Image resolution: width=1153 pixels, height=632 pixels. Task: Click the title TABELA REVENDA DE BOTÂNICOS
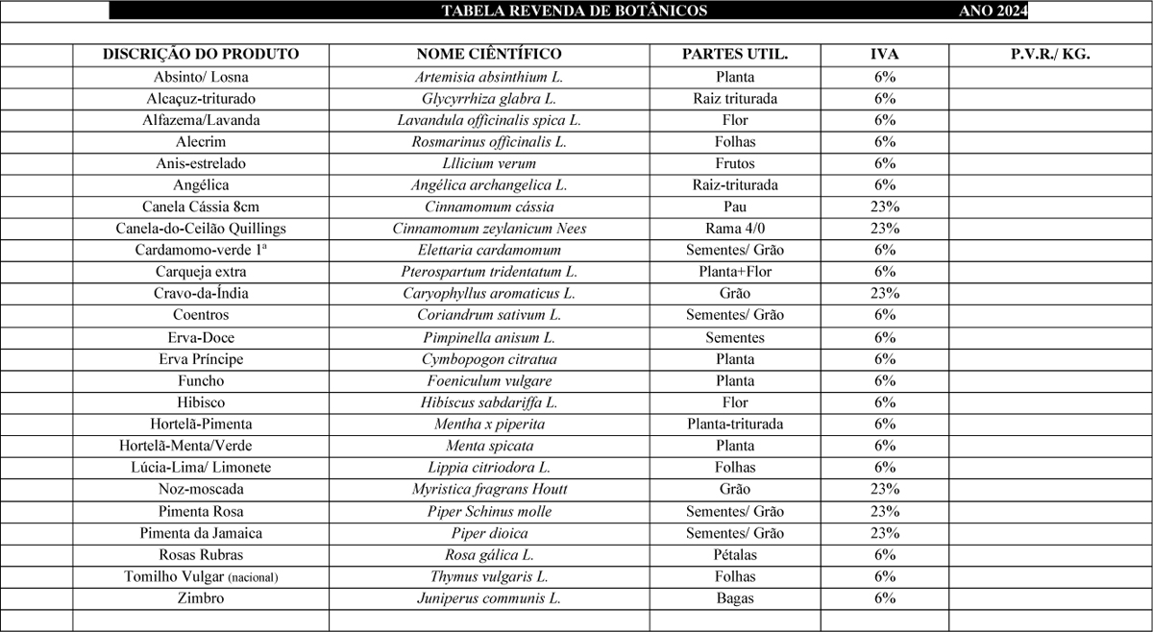574,11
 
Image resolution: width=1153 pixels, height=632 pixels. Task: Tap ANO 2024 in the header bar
993,11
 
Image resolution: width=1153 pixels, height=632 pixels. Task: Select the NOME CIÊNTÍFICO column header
489,55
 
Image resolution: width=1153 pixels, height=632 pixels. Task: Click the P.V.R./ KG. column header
1050,55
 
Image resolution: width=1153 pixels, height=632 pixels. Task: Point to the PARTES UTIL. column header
735,55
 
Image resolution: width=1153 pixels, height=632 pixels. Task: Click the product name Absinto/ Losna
201,77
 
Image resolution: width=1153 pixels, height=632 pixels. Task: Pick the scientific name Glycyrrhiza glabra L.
489,99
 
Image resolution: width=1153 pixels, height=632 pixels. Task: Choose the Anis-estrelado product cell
201,163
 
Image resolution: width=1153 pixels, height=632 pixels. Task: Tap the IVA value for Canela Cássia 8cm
884,207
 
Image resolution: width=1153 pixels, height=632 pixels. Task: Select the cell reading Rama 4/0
735,229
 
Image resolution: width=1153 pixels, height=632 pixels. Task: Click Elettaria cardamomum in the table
489,250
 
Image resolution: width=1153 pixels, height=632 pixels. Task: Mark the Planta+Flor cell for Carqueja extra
735,272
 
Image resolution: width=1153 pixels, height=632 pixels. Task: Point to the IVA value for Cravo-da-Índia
884,293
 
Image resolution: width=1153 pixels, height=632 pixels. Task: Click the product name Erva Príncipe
201,359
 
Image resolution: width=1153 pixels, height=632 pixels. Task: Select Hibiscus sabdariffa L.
489,402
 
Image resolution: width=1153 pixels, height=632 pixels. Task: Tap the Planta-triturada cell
735,424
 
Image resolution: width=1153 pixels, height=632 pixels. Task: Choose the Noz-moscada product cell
201,489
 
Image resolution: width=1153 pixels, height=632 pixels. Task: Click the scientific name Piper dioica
489,533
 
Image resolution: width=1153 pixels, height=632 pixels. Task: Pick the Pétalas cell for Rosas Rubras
735,555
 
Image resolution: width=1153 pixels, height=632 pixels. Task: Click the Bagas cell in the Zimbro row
735,598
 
